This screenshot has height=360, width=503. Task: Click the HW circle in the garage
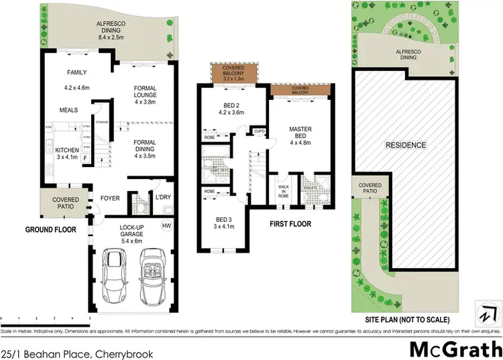point(166,226)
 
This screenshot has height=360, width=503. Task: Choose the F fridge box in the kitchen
point(85,158)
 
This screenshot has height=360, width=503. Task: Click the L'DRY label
point(163,198)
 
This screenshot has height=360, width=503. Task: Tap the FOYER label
point(110,198)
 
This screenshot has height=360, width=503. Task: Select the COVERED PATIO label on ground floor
point(65,203)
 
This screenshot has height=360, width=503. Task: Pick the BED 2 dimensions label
point(233,113)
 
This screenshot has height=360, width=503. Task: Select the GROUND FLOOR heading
point(50,229)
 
